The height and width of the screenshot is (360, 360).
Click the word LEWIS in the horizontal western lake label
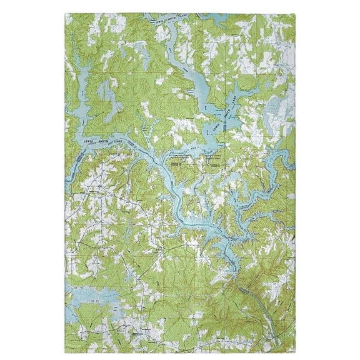pyautogui.click(x=89, y=141)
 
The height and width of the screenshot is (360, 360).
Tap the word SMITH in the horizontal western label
pyautogui.click(x=104, y=141)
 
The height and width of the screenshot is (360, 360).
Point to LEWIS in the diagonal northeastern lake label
pyautogui.click(x=216, y=126)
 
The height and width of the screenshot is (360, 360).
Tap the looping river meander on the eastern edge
pyautogui.click(x=275, y=166)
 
